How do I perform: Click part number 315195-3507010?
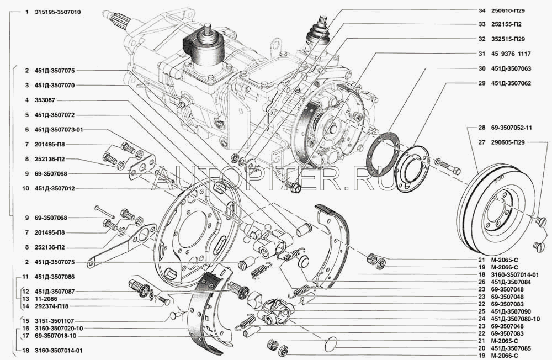pyautogui.click(x=58, y=12)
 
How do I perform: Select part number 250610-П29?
pyautogui.click(x=508, y=10)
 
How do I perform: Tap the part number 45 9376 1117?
pyautogui.click(x=511, y=54)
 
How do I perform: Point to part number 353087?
pyautogui.click(x=45, y=100)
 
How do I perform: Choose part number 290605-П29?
pyautogui.click(x=508, y=142)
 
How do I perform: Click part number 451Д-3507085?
pyautogui.click(x=511, y=348)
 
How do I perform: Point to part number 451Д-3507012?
pyautogui.click(x=55, y=189)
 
